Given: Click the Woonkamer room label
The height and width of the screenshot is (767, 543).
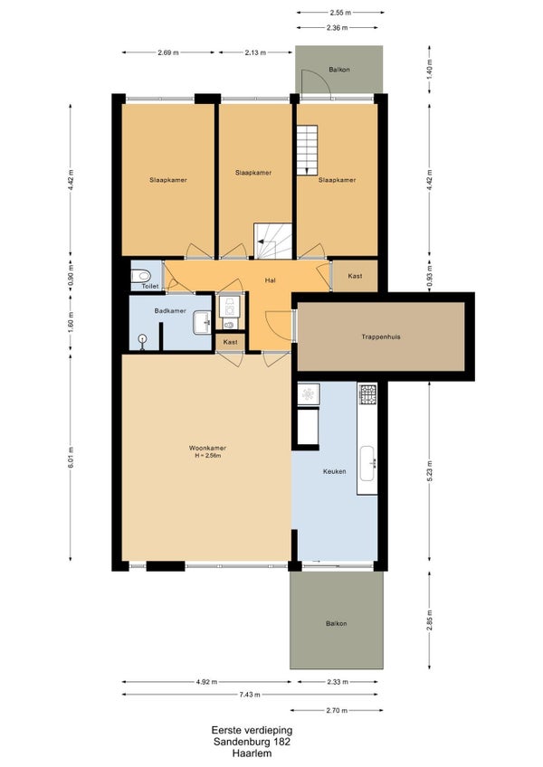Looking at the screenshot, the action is tap(207, 448).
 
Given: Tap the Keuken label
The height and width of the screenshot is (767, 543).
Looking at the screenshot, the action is tap(335, 471).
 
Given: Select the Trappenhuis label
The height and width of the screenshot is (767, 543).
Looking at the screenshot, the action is tap(381, 336).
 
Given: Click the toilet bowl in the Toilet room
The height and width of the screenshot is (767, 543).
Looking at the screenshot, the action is tap(141, 275).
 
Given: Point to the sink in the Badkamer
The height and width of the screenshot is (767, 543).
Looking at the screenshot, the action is tap(202, 322).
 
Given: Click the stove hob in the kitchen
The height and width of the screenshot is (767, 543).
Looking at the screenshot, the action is tap(367, 393).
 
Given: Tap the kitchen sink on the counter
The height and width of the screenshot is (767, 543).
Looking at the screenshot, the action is tap(367, 463).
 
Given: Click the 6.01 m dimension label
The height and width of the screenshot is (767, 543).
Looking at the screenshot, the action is tap(71, 458).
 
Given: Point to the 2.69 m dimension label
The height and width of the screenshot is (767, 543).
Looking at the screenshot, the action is tap(168, 52).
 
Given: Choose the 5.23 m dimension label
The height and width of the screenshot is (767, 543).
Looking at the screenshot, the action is tap(430, 471).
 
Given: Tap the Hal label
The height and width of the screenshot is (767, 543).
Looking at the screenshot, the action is tap(270, 280).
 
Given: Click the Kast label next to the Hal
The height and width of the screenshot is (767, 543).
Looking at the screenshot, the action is tap(355, 276).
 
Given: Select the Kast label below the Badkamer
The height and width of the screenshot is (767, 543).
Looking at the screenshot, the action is tap(230, 342).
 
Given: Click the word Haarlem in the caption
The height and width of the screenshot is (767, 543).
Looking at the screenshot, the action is tap(252, 753).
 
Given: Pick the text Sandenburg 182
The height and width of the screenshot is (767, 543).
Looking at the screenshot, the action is tap(252, 742).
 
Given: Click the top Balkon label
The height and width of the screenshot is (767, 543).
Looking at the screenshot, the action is tap(338, 70).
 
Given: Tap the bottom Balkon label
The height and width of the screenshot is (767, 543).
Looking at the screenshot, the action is tap(336, 623).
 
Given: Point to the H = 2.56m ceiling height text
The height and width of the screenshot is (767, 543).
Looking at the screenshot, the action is tap(207, 456).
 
